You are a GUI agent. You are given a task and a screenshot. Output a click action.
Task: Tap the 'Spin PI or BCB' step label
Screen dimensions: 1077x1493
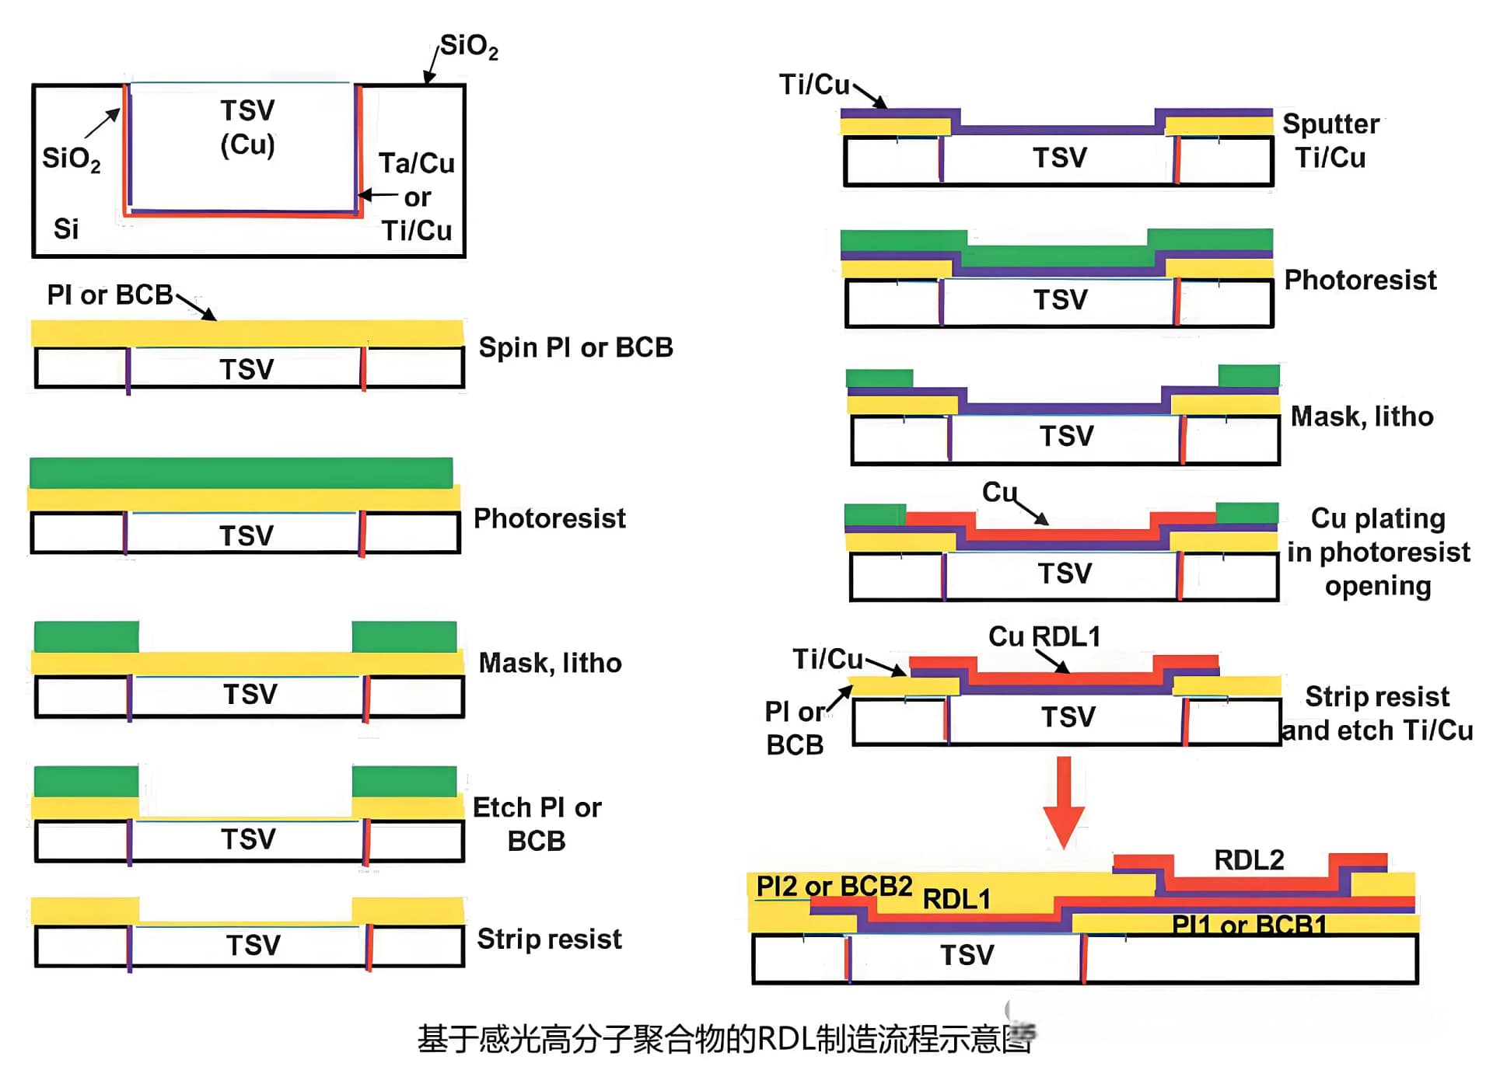pyautogui.click(x=575, y=347)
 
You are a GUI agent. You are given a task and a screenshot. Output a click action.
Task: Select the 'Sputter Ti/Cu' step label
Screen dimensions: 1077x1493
pyautogui.click(x=1330, y=141)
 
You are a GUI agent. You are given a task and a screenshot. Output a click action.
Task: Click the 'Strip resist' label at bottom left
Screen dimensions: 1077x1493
pyautogui.click(x=549, y=939)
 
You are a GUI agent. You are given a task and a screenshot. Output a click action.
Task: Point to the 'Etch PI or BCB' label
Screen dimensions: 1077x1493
pyautogui.click(x=537, y=824)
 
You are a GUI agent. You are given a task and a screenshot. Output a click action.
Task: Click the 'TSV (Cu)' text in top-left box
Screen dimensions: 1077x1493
pyautogui.click(x=247, y=127)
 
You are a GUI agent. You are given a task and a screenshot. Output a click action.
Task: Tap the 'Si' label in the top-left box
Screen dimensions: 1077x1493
pyautogui.click(x=66, y=229)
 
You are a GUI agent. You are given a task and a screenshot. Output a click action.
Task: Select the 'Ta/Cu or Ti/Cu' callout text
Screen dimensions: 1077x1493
pyautogui.click(x=417, y=197)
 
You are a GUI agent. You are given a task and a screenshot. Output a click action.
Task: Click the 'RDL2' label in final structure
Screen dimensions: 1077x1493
pyautogui.click(x=1249, y=860)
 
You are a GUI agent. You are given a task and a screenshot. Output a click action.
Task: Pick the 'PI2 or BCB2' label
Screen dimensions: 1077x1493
pyautogui.click(x=834, y=886)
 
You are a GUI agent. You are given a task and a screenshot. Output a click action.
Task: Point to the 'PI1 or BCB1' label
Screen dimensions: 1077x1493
pyautogui.click(x=1249, y=925)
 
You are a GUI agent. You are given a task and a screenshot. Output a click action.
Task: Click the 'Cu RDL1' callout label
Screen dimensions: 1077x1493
pyautogui.click(x=1044, y=636)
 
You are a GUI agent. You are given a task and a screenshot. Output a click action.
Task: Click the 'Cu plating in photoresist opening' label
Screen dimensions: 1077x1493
pyautogui.click(x=1378, y=552)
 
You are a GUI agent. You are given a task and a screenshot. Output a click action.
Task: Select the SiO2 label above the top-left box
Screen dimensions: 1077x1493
pyautogui.click(x=469, y=47)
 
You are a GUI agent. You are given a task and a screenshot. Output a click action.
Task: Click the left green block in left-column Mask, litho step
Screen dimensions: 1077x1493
pyautogui.click(x=86, y=636)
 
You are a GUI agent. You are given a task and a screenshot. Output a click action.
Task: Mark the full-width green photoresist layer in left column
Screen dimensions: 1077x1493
pyautogui.click(x=241, y=472)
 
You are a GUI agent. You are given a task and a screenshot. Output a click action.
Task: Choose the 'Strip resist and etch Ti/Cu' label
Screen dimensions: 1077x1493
pyautogui.click(x=1377, y=713)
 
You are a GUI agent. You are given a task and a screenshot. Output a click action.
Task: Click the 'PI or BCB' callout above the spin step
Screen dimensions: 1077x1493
pyautogui.click(x=110, y=295)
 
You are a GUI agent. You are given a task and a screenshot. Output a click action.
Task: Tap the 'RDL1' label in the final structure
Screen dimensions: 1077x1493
pyautogui.click(x=956, y=899)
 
